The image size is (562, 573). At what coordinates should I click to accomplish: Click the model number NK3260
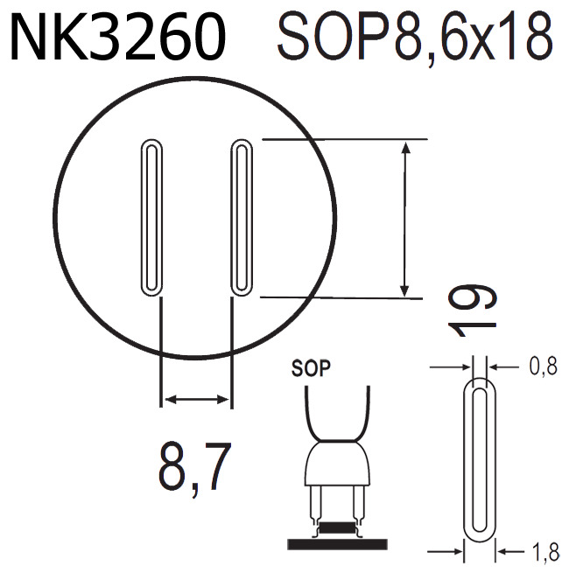click(117, 39)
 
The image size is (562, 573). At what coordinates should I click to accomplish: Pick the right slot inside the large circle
click(242, 216)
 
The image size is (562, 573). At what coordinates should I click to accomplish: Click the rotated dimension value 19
click(474, 310)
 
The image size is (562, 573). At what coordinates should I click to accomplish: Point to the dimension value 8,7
click(194, 467)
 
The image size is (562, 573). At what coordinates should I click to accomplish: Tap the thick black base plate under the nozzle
click(336, 542)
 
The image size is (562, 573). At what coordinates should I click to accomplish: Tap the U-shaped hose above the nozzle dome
click(336, 411)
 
